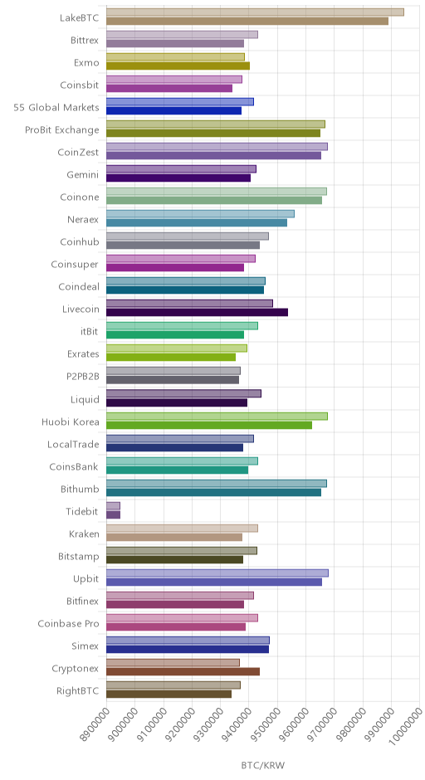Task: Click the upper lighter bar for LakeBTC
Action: [x=255, y=12]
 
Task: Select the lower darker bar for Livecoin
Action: [x=197, y=312]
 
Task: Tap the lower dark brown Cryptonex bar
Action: [x=183, y=671]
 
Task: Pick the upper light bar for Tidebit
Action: [x=113, y=506]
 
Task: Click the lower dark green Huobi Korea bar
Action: [x=209, y=425]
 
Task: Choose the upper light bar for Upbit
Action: [x=217, y=573]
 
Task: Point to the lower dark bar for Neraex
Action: [x=197, y=223]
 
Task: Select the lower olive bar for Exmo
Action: [x=178, y=66]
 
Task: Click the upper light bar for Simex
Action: [x=188, y=641]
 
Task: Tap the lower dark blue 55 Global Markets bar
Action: [x=173, y=110]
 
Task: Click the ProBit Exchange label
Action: [x=62, y=129]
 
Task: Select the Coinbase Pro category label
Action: [x=68, y=624]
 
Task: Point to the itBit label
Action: [x=89, y=332]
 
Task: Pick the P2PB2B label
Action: [x=83, y=377]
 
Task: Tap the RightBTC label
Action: [x=78, y=691]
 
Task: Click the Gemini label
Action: [x=83, y=174]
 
